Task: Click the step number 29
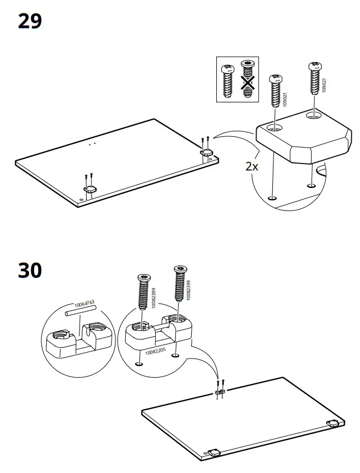(x=30, y=22)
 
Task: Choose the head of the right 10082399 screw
(x=180, y=270)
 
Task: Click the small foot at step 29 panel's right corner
(x=208, y=153)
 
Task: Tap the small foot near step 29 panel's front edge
(x=89, y=189)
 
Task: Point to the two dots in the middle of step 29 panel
(x=92, y=144)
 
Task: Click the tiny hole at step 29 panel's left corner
(x=81, y=201)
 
